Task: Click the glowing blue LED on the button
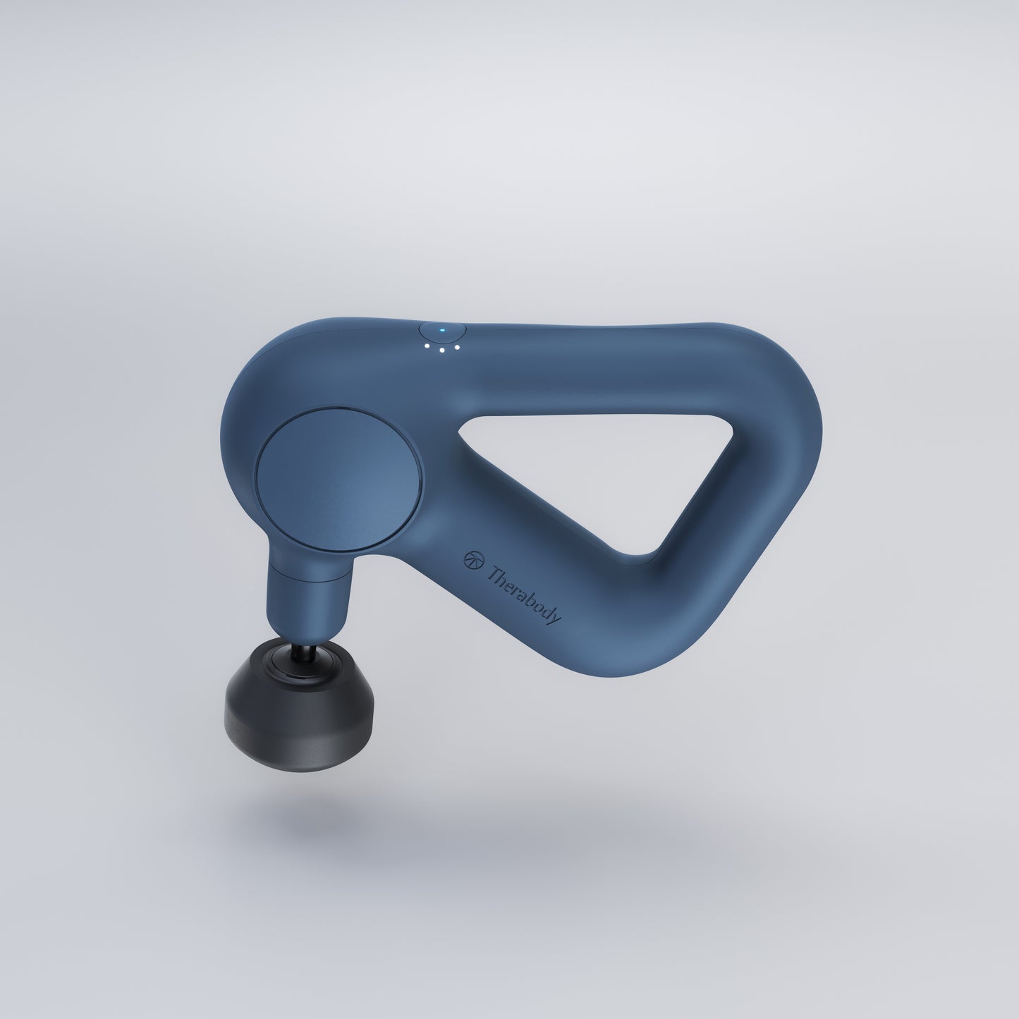[x=443, y=331]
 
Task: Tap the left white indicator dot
[x=427, y=346]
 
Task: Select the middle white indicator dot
[x=441, y=350]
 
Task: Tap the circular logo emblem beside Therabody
[x=472, y=560]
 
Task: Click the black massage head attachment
[x=300, y=699]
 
